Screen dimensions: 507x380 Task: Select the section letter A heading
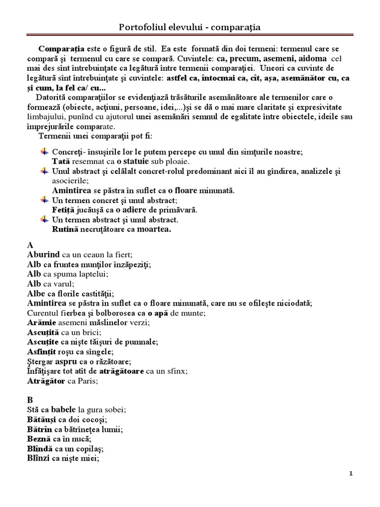(x=31, y=246)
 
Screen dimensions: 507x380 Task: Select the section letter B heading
(x=31, y=401)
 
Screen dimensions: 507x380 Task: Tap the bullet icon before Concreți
(x=44, y=151)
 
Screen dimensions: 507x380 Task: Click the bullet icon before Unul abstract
(x=44, y=171)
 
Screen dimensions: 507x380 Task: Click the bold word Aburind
(x=44, y=255)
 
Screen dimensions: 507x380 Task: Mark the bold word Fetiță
(x=63, y=210)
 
